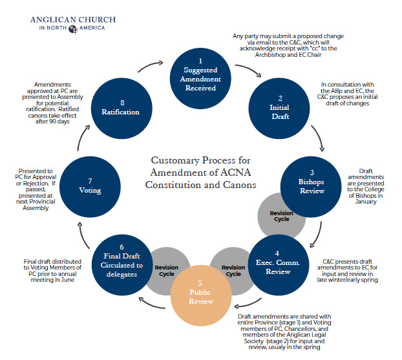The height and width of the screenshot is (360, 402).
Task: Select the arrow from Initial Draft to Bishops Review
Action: click(x=317, y=140)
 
